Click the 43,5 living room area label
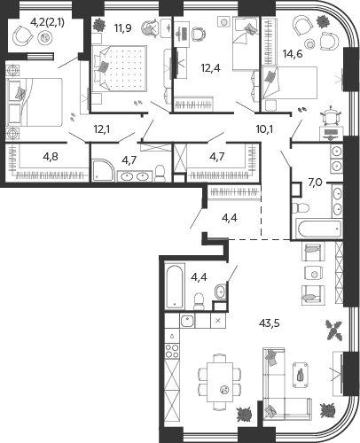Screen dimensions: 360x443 click(270, 323)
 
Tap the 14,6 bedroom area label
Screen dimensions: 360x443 click(293, 54)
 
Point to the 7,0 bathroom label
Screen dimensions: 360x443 click(315, 183)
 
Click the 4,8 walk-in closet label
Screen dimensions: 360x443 click(51, 157)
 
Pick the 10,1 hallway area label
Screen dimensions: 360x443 click(264, 129)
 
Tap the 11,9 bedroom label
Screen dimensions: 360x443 click(122, 28)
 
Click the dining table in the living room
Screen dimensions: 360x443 click(220, 383)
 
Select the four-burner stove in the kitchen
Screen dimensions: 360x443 click(172, 351)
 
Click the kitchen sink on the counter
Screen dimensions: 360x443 click(187, 321)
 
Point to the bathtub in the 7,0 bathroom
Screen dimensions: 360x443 click(319, 229)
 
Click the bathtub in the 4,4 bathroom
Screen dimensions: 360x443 click(175, 287)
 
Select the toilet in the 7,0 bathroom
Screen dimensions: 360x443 click(300, 207)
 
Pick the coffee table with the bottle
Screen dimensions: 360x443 click(300, 374)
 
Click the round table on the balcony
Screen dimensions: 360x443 click(45, 37)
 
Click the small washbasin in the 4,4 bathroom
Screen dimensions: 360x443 click(220, 291)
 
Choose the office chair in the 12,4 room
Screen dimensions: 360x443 click(197, 34)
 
